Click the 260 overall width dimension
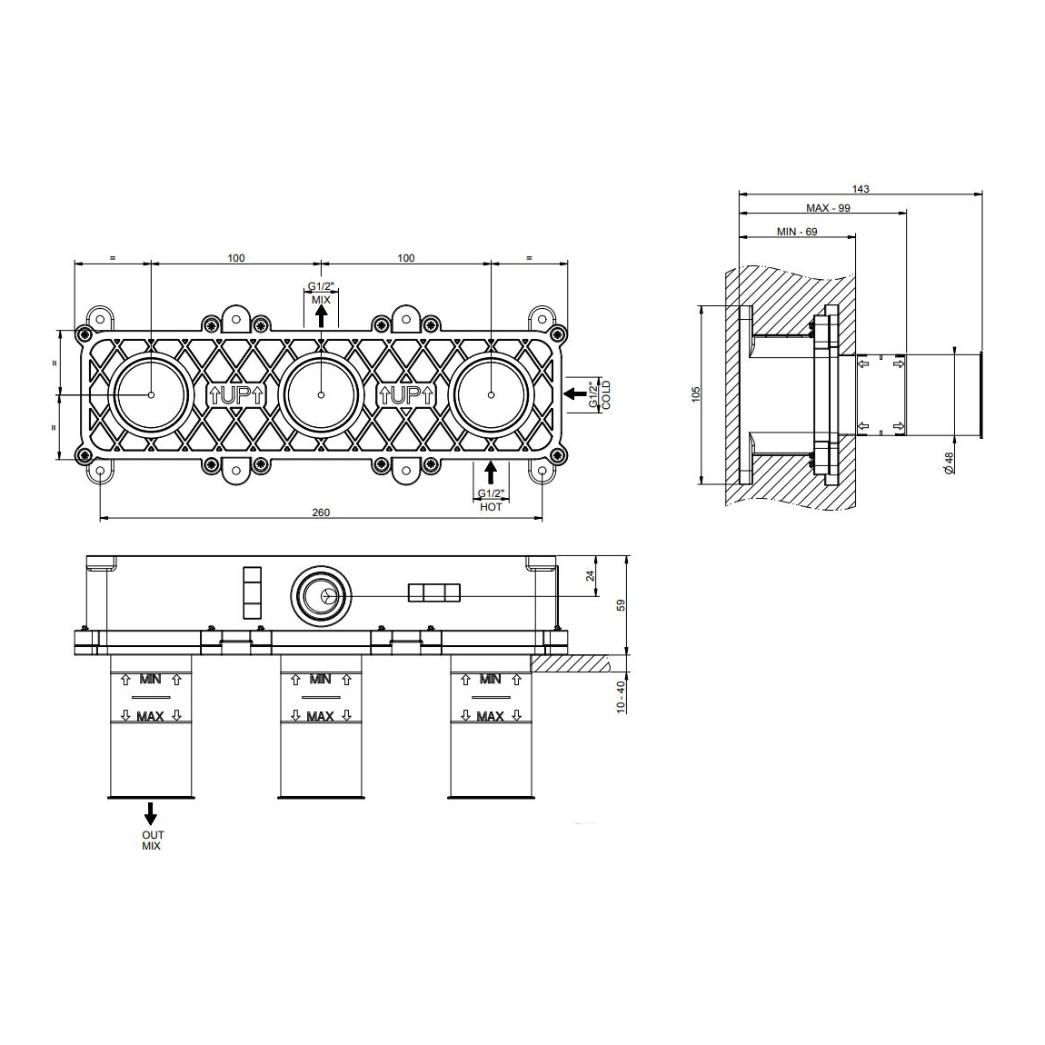(x=320, y=512)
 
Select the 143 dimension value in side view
(x=861, y=189)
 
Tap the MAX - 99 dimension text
(x=828, y=208)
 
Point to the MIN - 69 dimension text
(x=797, y=232)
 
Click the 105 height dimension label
(x=696, y=395)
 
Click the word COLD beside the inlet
(x=606, y=394)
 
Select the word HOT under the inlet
(x=491, y=507)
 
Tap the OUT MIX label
(x=151, y=840)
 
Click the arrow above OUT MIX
(x=151, y=812)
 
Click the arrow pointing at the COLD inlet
(x=574, y=393)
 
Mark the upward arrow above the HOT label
(x=491, y=473)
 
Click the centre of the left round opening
(x=151, y=394)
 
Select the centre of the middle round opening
(x=321, y=394)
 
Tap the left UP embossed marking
(x=236, y=395)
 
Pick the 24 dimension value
(x=591, y=576)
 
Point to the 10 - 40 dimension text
(x=621, y=697)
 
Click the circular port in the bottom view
(x=320, y=596)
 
